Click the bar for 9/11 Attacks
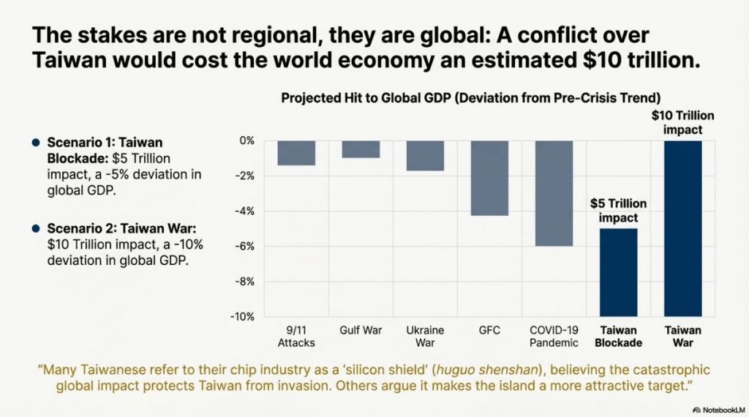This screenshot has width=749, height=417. (x=296, y=153)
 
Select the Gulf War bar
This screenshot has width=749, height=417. (x=361, y=149)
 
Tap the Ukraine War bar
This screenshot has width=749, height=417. (x=425, y=156)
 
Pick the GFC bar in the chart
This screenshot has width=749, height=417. (x=489, y=178)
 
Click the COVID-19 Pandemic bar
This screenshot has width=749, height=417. (x=554, y=193)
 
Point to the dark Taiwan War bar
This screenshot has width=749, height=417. (x=682, y=228)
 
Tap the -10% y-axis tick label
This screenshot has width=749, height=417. (x=242, y=317)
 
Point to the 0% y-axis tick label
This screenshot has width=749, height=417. (x=246, y=140)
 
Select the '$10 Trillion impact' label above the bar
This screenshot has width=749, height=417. (x=682, y=123)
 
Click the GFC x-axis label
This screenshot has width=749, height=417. (x=489, y=330)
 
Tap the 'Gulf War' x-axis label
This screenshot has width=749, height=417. (x=361, y=330)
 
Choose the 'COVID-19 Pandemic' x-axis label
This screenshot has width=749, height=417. (x=554, y=337)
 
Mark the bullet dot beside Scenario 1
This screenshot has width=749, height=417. (x=35, y=142)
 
